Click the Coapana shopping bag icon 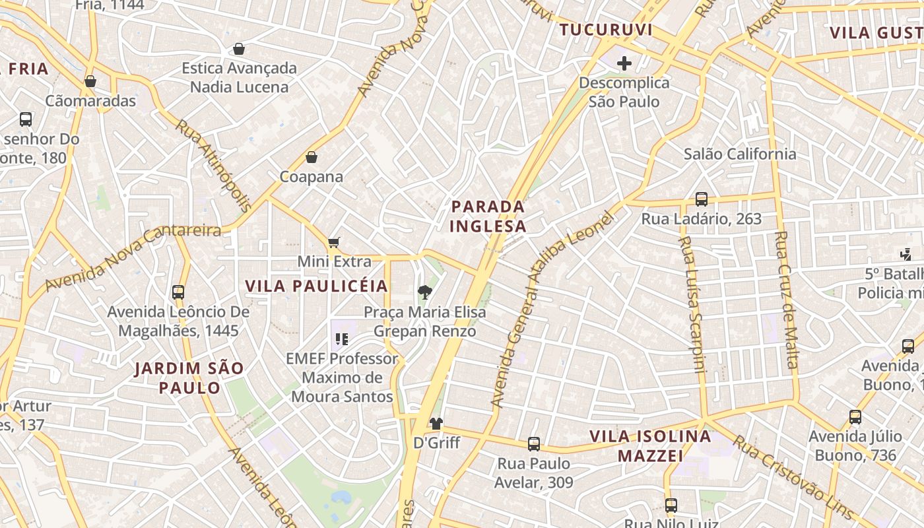[312, 157]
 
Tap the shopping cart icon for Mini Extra [334, 242]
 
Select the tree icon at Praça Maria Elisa [425, 292]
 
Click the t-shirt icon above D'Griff [436, 423]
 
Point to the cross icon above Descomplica [624, 63]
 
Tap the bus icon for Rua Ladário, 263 [702, 199]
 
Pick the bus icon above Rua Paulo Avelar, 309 [534, 444]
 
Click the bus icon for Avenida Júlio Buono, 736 [855, 417]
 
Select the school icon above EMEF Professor [341, 339]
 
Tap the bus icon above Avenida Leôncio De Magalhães [178, 292]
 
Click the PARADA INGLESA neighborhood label [488, 216]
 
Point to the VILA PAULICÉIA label [317, 286]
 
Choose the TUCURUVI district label [606, 30]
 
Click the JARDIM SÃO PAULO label [189, 378]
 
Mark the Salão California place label [740, 154]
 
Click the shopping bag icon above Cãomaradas [90, 81]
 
